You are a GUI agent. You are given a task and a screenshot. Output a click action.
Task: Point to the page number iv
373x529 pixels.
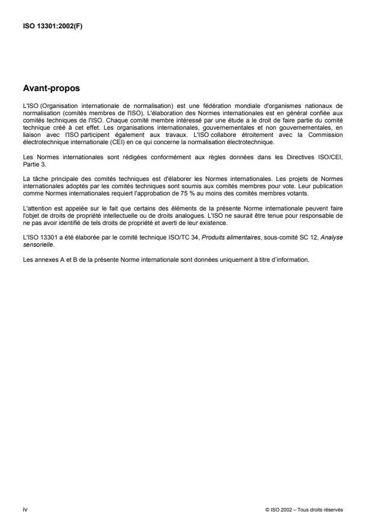pyautogui.click(x=25, y=508)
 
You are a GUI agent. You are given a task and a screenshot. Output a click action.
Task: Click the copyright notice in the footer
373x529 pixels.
pyautogui.click(x=304, y=509)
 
